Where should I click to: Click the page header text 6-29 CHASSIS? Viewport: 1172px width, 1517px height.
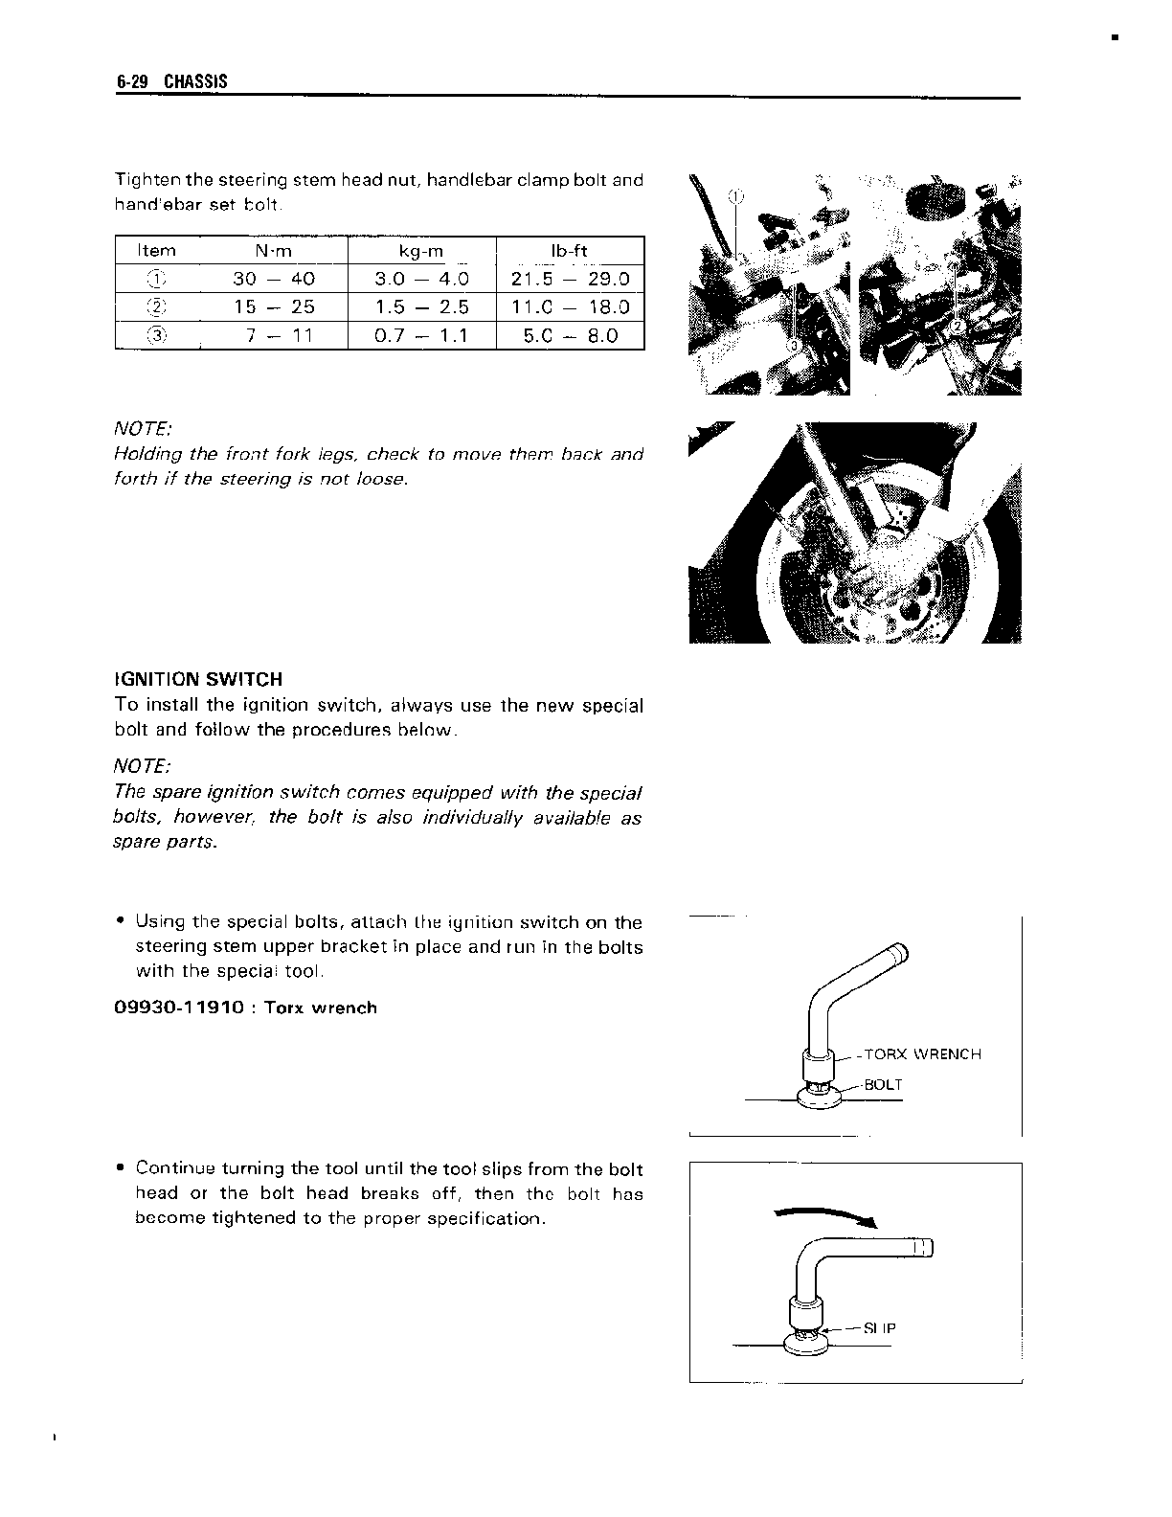(x=172, y=81)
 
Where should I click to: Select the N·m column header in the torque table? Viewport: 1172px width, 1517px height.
(x=275, y=251)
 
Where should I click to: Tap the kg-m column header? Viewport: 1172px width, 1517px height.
(x=421, y=251)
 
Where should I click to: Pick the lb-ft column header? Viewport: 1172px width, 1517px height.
(x=570, y=251)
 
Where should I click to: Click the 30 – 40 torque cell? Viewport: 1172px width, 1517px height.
(x=274, y=279)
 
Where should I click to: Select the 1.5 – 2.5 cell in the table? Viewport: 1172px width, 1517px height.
(x=421, y=306)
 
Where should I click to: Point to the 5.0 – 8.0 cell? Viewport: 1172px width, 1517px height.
(x=571, y=335)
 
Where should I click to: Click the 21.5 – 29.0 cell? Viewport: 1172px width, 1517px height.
(x=571, y=279)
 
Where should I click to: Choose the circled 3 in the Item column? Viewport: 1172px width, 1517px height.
(x=157, y=335)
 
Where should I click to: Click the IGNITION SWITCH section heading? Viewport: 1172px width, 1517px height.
(x=198, y=679)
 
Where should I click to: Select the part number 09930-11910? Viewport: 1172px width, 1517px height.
(x=179, y=1008)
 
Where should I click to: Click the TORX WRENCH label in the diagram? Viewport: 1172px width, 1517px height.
(x=922, y=1054)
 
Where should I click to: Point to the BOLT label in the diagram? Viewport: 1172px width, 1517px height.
(x=883, y=1085)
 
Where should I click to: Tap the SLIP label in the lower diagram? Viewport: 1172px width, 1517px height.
(x=879, y=1328)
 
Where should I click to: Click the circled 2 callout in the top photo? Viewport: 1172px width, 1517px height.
(x=956, y=327)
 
